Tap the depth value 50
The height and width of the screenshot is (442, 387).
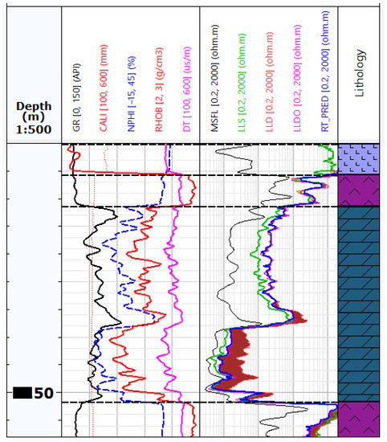[43, 393]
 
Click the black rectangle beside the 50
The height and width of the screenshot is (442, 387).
[22, 393]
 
